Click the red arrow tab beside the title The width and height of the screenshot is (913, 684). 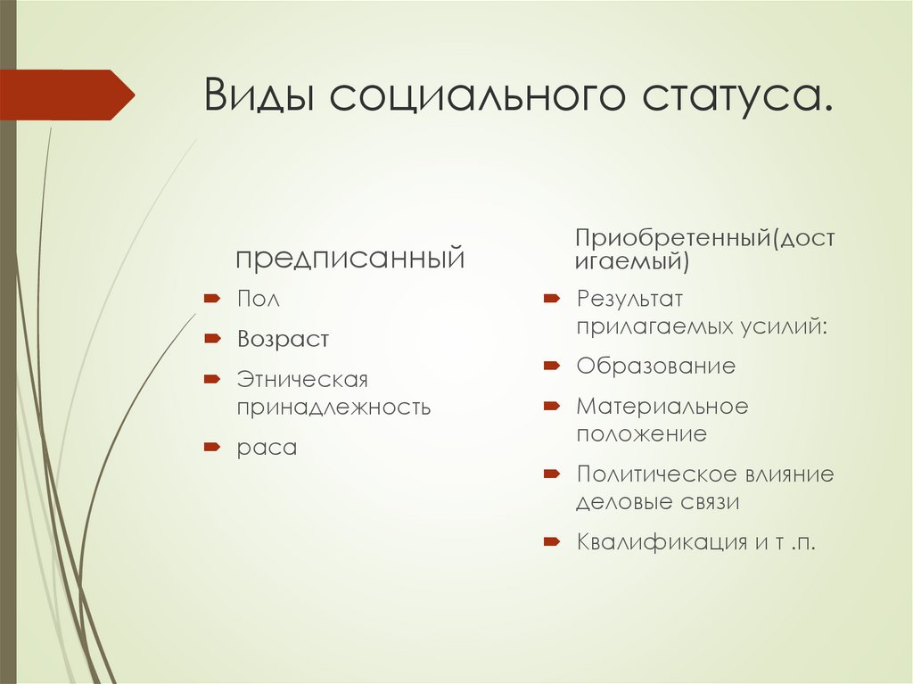coord(67,95)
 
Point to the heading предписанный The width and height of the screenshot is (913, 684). coord(350,259)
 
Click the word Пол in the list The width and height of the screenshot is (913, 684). coord(259,299)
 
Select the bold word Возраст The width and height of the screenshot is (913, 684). coord(284,340)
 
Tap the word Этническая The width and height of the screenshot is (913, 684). coord(302,381)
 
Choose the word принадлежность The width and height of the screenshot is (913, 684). coord(333,408)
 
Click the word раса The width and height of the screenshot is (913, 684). coord(267,448)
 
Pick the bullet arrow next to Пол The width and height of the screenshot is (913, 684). coord(211,299)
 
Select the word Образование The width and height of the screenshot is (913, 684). coord(655,366)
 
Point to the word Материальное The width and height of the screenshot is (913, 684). coord(662,407)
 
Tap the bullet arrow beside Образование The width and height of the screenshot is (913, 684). coord(551,366)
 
